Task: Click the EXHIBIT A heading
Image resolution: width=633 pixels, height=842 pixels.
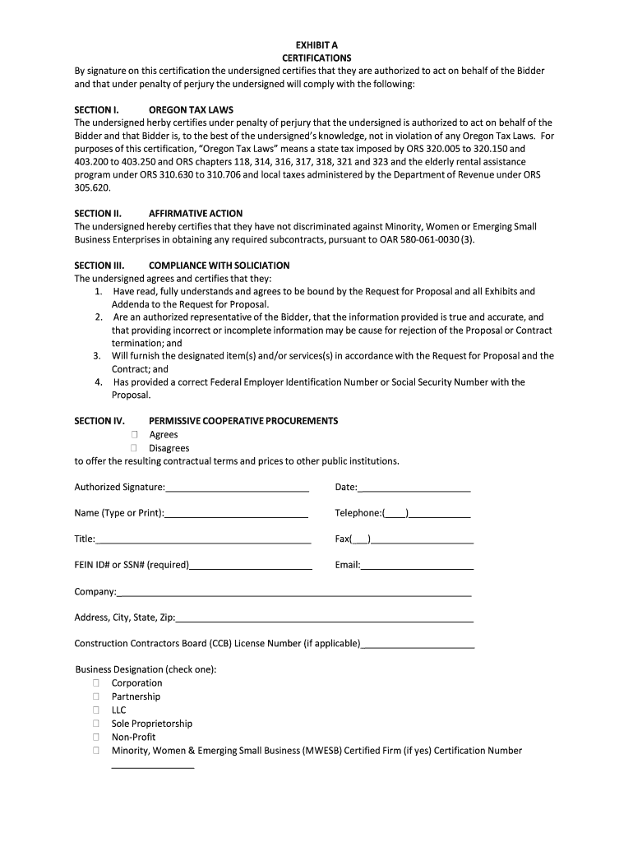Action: click(316, 44)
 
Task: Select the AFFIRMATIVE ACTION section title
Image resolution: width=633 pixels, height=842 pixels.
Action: click(196, 214)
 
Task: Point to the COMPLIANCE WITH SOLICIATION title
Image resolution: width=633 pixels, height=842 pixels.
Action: click(219, 266)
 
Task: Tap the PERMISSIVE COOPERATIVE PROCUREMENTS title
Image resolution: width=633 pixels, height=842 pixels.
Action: click(243, 421)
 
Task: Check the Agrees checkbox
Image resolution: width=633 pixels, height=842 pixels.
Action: click(135, 434)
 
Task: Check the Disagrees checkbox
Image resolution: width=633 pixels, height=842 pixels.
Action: click(135, 448)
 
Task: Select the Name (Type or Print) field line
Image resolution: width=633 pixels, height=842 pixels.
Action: click(236, 516)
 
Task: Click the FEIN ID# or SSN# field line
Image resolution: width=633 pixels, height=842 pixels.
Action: click(251, 567)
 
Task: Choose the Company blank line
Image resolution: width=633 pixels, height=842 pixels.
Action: click(293, 594)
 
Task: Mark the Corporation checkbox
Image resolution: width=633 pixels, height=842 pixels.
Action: click(96, 683)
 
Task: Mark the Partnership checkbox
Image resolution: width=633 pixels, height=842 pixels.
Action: click(96, 696)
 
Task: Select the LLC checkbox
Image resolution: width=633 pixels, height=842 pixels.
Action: click(96, 710)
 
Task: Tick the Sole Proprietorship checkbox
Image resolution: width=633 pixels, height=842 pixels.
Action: click(96, 724)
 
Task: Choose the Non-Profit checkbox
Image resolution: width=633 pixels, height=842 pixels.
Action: click(96, 737)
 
